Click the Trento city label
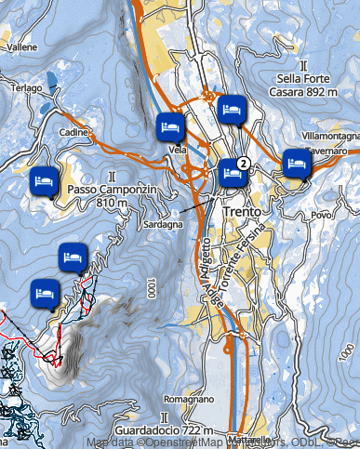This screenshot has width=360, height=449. [243, 212]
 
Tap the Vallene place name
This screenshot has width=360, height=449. [22, 46]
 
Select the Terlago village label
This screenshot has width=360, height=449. [27, 88]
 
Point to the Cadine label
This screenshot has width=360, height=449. [73, 134]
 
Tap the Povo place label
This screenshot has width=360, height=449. [322, 215]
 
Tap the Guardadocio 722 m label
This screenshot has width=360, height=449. [164, 432]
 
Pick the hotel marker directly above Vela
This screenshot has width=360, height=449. [169, 125]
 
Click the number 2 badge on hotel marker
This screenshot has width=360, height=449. [243, 163]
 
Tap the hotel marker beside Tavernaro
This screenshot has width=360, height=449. [295, 162]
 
